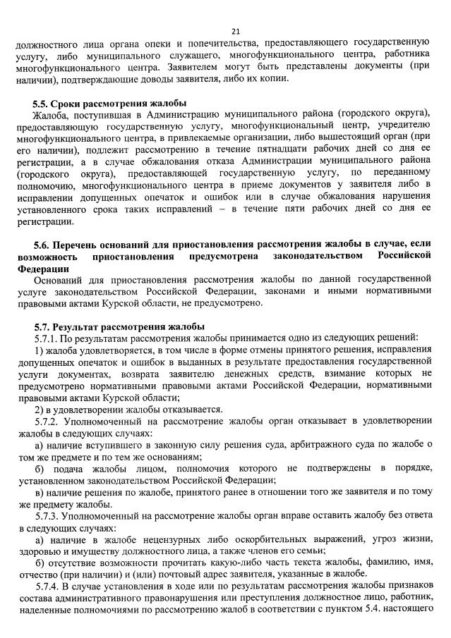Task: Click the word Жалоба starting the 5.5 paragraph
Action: (50, 116)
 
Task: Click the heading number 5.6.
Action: (42, 244)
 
